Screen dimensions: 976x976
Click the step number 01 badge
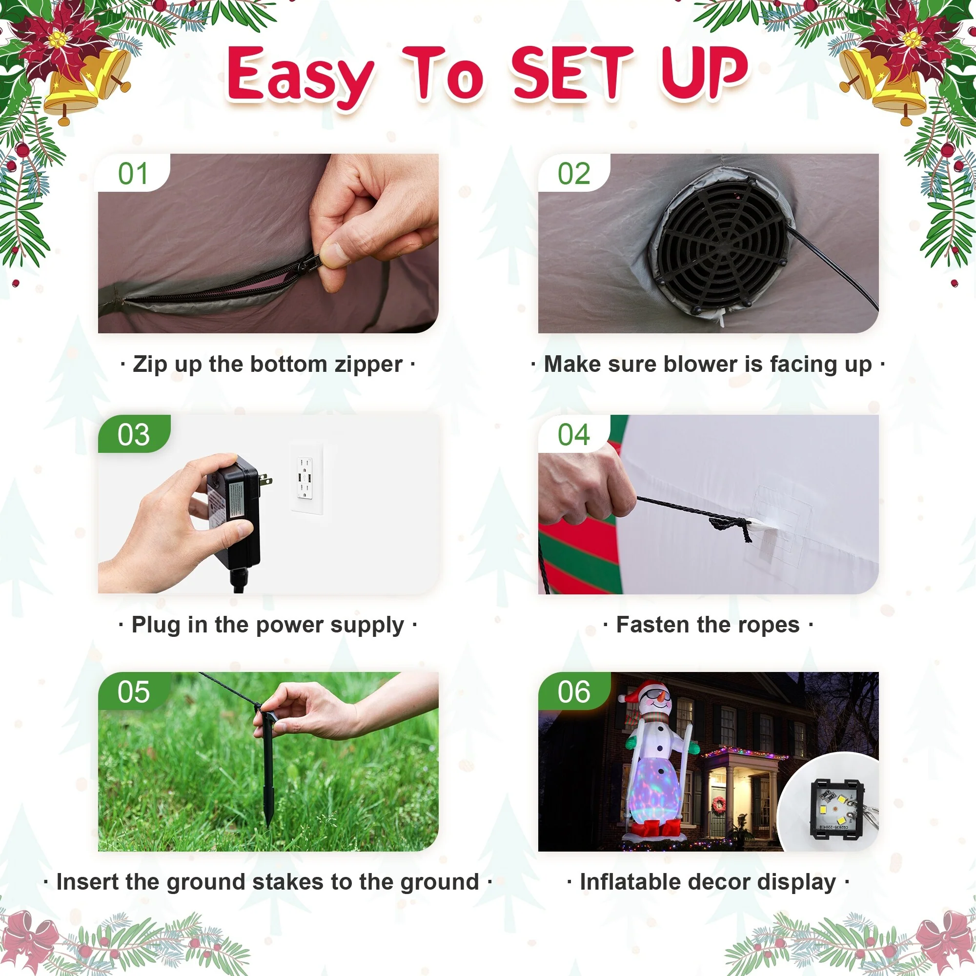click(x=133, y=173)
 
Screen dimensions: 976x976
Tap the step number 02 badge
click(x=574, y=173)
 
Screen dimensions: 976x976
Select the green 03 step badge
click(x=134, y=433)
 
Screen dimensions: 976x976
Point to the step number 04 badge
click(x=574, y=433)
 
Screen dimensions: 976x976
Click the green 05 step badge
click(x=134, y=691)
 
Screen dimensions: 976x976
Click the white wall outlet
click(x=306, y=479)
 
